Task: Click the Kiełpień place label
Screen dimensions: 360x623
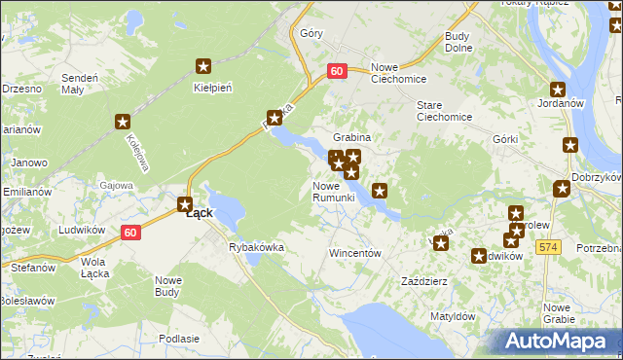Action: click(x=212, y=88)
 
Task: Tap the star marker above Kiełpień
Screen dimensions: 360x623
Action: click(x=203, y=66)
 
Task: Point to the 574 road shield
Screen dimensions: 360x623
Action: click(x=549, y=248)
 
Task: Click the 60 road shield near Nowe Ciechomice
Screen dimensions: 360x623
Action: click(x=337, y=71)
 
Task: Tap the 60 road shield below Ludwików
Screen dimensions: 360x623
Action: click(x=130, y=232)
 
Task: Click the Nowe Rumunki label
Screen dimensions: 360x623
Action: click(x=339, y=192)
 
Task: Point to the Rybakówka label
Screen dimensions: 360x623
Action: click(x=256, y=247)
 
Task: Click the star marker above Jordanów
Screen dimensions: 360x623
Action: click(x=558, y=90)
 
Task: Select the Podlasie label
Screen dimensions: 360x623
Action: click(x=177, y=338)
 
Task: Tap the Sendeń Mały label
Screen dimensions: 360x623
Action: click(x=80, y=83)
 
